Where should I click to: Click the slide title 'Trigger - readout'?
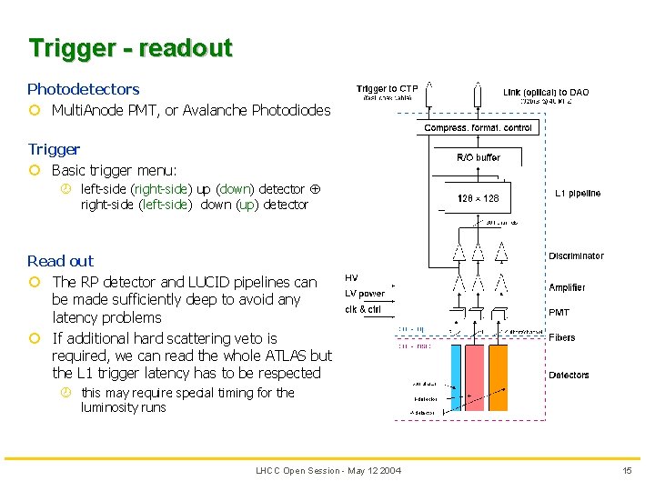coord(130,48)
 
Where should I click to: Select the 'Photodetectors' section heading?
coord(83,89)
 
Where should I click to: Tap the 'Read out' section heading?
coord(60,261)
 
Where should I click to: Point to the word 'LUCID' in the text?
coord(216,282)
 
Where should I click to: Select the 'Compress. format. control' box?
coord(478,128)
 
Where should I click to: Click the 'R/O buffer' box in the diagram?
coord(478,157)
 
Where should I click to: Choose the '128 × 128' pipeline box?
coord(478,198)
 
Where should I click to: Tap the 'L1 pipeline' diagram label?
coord(578,194)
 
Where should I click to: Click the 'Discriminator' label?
coord(576,256)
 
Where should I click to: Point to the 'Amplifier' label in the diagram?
coord(567,287)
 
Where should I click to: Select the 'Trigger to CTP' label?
coord(388,88)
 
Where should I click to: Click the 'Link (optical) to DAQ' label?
coord(546,92)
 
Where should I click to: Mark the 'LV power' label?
coord(365,294)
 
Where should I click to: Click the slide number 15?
coord(627,470)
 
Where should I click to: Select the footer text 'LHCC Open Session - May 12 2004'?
coord(328,470)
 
